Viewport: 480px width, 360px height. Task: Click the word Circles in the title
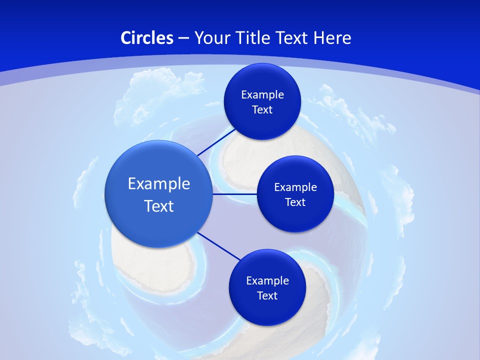point(147,38)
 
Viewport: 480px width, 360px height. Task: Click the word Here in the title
point(332,38)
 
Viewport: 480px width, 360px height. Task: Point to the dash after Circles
point(183,38)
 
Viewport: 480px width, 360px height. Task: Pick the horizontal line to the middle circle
point(234,194)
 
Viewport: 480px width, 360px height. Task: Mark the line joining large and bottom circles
point(218,245)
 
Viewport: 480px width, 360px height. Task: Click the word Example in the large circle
point(159,184)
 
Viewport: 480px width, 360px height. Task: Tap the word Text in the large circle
point(159,206)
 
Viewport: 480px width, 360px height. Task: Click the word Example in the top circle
point(262,95)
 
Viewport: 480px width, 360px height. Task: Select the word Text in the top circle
point(262,110)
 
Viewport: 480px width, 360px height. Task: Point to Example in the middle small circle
point(295,187)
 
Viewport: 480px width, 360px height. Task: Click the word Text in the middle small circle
point(295,202)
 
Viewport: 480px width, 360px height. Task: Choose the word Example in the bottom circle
point(267,281)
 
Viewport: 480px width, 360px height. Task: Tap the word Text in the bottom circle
point(267,296)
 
